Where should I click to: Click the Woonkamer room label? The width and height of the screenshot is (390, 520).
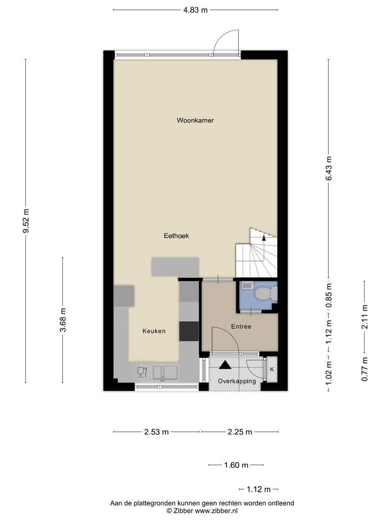pos(195,120)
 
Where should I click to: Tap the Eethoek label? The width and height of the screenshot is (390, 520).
pos(176,236)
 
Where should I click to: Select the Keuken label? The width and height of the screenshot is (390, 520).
pos(154,331)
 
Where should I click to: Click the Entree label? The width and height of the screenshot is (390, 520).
pos(240,327)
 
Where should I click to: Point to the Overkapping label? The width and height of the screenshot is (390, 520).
pos(236,381)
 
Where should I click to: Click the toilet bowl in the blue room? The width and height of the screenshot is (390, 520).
pos(264,294)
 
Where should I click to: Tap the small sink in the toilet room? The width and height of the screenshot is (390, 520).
pos(247,285)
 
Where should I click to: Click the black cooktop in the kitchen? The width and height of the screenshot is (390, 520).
pos(189,331)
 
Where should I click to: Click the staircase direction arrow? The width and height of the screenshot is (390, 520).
pos(264,236)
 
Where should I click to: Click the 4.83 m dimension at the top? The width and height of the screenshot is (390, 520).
pos(196,10)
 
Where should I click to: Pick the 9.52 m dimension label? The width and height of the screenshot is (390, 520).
pos(25,221)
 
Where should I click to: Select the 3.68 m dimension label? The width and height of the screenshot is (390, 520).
pos(63,320)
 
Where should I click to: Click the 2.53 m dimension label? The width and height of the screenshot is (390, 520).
pos(156,432)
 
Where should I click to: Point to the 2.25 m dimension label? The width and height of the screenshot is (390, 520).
pos(240,432)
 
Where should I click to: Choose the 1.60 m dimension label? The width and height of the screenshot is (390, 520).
pos(236,465)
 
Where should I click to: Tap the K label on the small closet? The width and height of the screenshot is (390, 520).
pos(272,369)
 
